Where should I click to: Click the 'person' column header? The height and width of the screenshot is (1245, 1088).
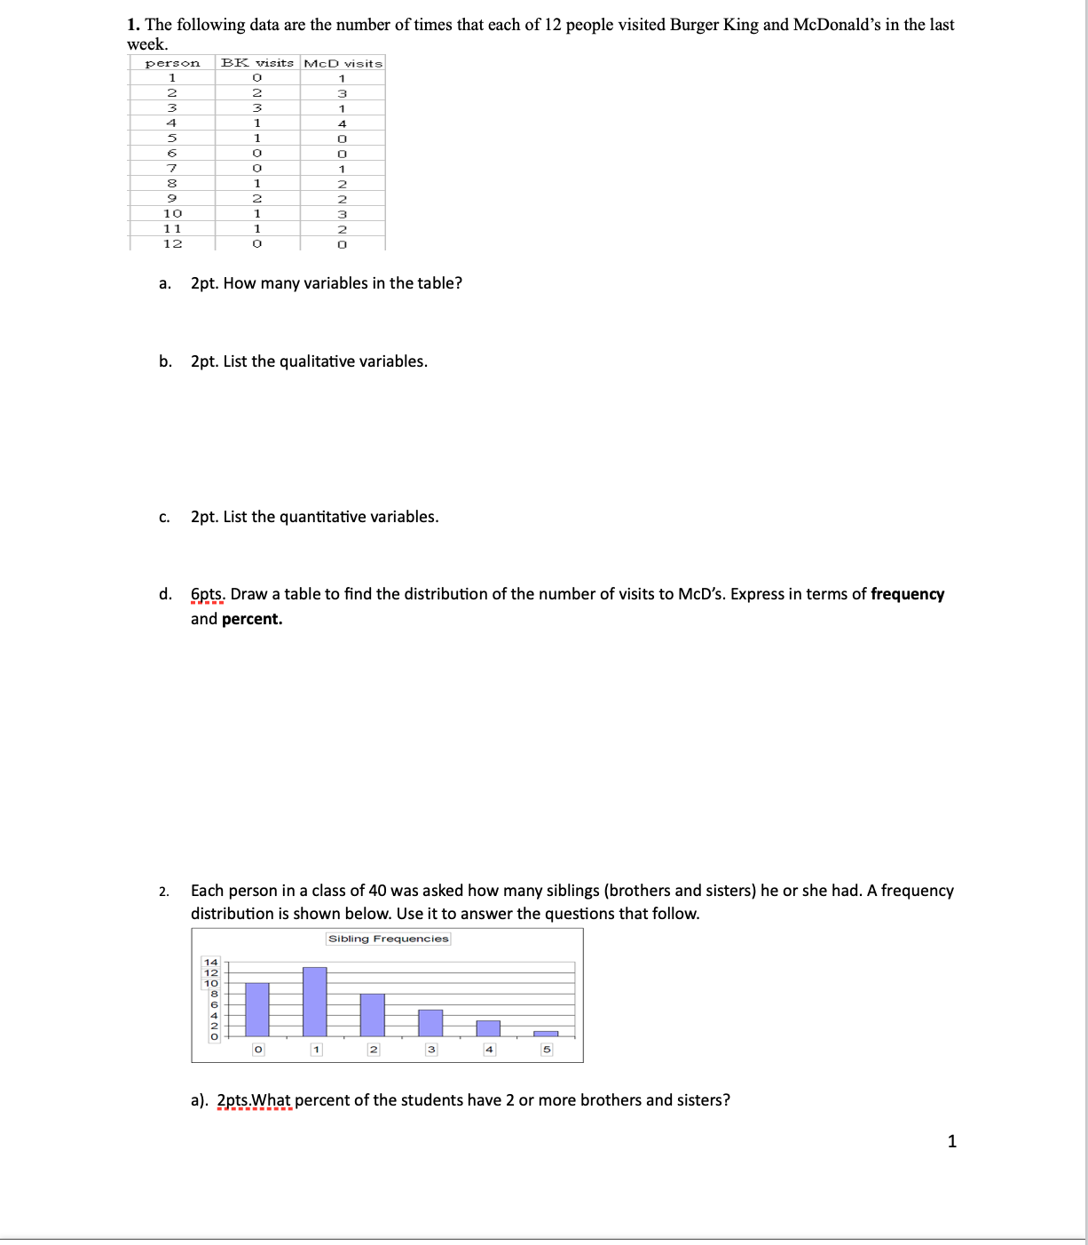tap(172, 63)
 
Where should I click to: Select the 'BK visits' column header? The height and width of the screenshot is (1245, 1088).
tap(256, 63)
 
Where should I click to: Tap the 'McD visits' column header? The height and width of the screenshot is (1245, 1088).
tap(343, 63)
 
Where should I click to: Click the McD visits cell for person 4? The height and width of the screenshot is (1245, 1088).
tap(342, 123)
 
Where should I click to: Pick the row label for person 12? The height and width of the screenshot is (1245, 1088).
tap(172, 243)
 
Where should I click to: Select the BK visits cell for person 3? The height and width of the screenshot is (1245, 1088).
tap(256, 108)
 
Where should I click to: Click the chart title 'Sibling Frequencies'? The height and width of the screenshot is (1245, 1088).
tap(388, 939)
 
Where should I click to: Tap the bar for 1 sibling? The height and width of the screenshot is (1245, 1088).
tap(315, 1002)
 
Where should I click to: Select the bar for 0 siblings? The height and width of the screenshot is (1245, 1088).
tap(257, 1010)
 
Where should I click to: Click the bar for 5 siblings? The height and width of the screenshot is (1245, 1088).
tap(546, 1034)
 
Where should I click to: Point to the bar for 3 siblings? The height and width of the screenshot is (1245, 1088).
tap(430, 1023)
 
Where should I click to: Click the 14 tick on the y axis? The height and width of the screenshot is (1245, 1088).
tap(210, 962)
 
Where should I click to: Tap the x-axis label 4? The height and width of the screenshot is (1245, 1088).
tap(488, 1050)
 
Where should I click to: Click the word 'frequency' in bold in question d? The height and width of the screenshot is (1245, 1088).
tap(907, 594)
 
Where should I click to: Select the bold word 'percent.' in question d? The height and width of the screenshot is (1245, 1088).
tap(252, 619)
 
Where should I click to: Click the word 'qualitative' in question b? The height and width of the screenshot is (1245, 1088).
tap(317, 361)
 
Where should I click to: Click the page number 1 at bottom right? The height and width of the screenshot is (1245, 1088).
tap(952, 1141)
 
